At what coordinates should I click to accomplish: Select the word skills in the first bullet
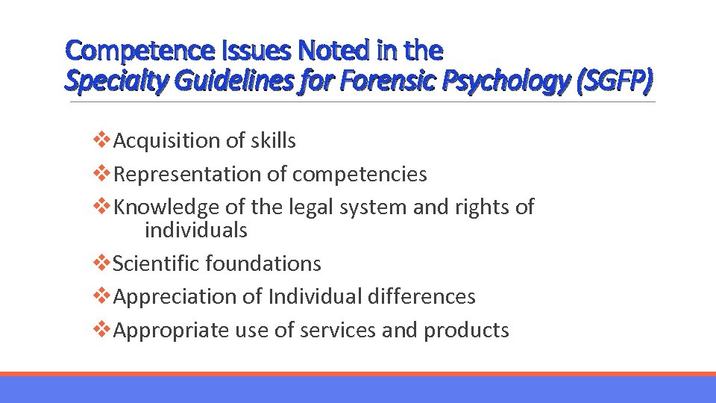271,140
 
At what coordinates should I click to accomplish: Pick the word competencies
359,174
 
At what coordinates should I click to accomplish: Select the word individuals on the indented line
195,230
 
